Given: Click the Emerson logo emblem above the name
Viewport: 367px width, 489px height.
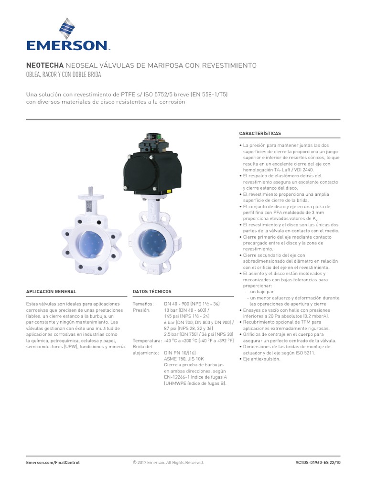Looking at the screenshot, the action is point(67,28).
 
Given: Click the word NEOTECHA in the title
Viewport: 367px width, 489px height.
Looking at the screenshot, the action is point(45,65).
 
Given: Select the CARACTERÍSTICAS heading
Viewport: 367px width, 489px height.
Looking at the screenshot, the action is point(260,134).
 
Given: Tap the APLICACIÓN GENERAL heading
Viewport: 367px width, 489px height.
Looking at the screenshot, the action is point(51,292).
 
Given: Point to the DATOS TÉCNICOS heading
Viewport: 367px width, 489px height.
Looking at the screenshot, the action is point(152,292).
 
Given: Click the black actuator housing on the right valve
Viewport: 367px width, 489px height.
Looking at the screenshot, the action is point(152,172).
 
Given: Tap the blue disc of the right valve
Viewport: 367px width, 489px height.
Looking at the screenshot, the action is point(152,242).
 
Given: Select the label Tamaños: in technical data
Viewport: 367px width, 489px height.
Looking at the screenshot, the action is point(143,304).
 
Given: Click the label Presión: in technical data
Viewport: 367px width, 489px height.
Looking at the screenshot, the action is point(141,310).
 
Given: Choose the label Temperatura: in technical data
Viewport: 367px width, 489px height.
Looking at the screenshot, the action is point(147,340).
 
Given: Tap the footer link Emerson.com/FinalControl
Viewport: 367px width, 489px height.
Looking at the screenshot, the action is point(53,462).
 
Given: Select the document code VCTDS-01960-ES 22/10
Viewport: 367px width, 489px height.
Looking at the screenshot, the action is point(318,462).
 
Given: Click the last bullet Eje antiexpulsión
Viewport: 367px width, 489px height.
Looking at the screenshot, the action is point(261,359).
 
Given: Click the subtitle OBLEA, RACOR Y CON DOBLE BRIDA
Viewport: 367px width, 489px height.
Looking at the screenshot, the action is point(64,75).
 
